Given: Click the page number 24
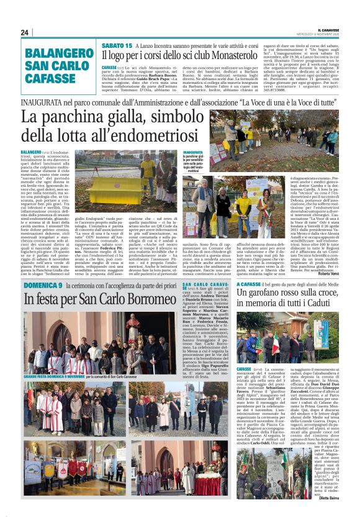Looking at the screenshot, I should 24,32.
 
